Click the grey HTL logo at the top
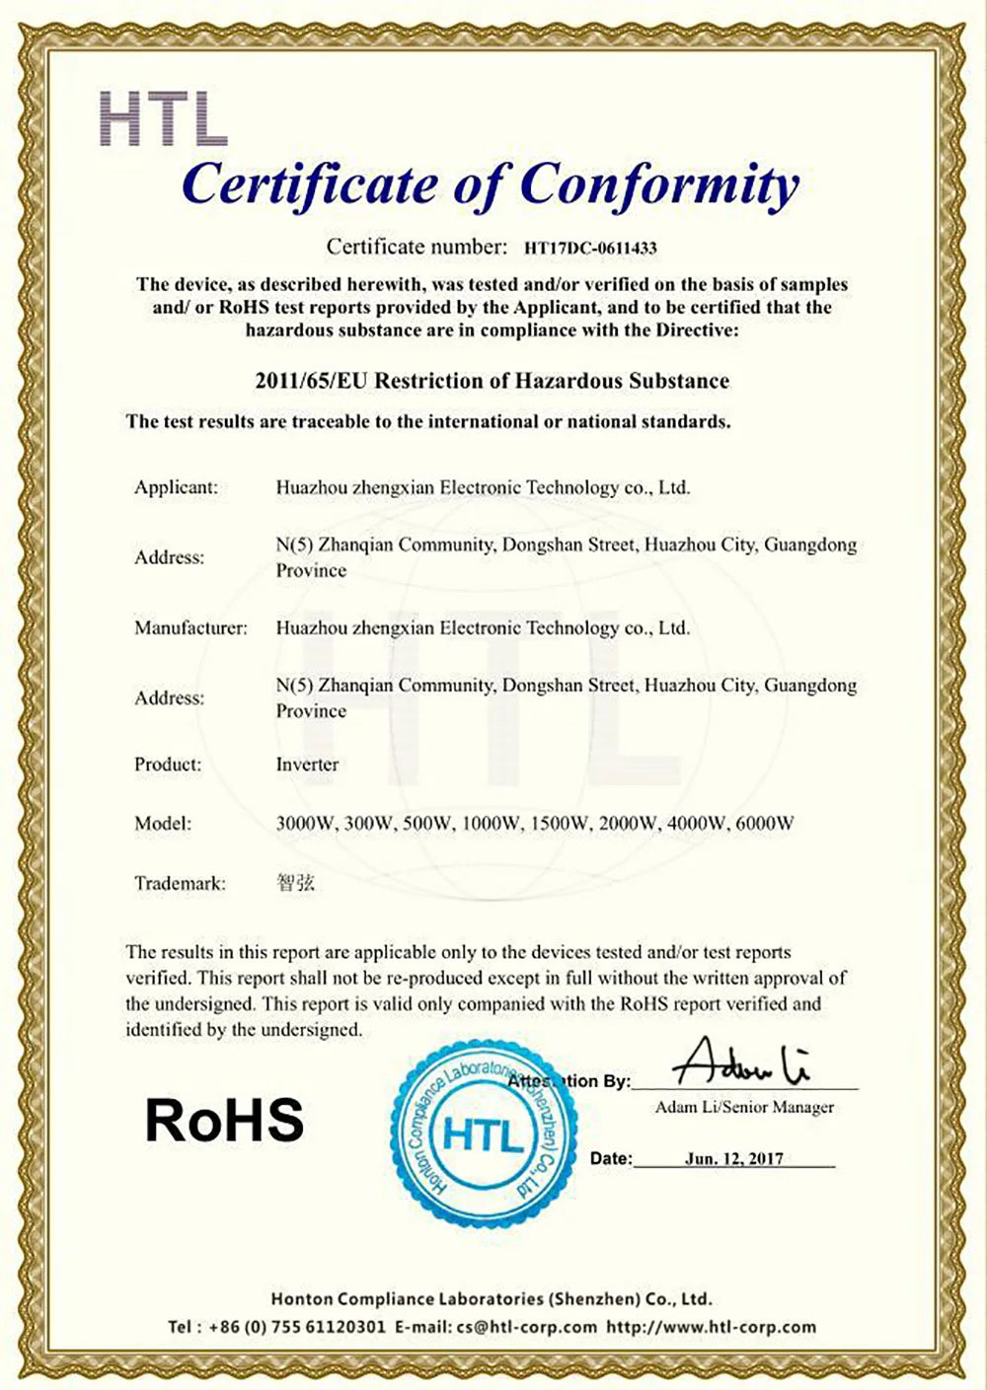[x=164, y=118]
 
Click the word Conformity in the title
[x=658, y=185]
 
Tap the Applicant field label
[x=176, y=487]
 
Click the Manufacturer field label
[x=190, y=627]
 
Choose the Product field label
[x=168, y=765]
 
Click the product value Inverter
[x=307, y=765]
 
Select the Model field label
[x=163, y=823]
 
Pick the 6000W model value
[x=765, y=823]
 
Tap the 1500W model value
[x=560, y=823]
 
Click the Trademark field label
[x=180, y=883]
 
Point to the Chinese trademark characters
[x=295, y=883]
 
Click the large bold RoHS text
[x=224, y=1120]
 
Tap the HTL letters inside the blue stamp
[x=484, y=1136]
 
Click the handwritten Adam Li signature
[x=740, y=1063]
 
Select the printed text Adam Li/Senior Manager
[x=744, y=1107]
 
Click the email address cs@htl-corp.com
[x=526, y=1327]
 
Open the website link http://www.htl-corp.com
[x=711, y=1327]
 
